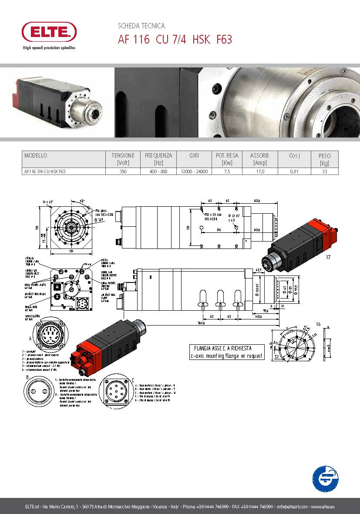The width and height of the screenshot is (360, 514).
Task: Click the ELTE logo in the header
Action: coord(49,32)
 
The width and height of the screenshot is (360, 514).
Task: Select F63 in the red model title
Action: coord(224,40)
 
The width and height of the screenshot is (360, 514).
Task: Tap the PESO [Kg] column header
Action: coord(324,159)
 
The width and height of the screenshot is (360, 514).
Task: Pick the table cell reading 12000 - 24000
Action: coord(194,171)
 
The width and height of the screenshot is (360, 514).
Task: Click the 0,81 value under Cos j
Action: coord(294,171)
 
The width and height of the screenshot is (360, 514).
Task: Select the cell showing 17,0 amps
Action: coord(260,171)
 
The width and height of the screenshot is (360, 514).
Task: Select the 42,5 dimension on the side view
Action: coord(259,270)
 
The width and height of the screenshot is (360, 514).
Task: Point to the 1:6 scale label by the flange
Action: coord(318,324)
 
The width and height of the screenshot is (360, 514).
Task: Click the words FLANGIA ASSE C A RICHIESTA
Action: coord(226,348)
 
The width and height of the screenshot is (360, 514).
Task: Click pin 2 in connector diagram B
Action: coord(45,392)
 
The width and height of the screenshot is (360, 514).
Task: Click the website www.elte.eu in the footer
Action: coord(322,507)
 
